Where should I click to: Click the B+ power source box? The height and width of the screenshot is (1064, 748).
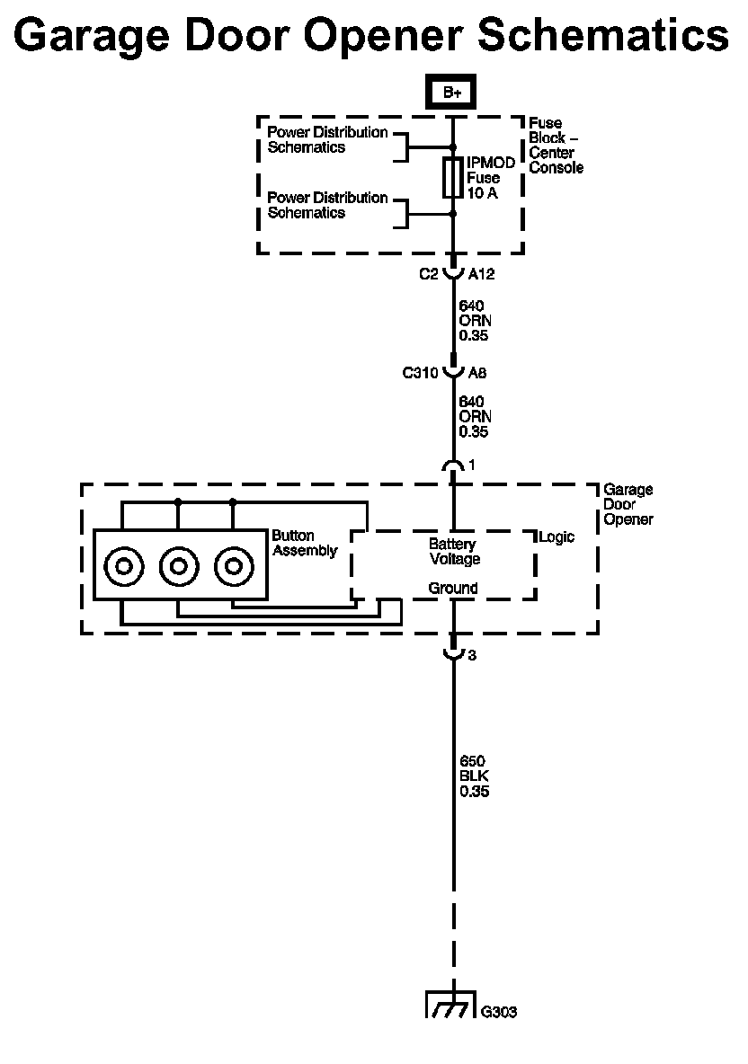point(450,93)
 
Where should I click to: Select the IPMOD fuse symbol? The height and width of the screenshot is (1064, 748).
point(453,179)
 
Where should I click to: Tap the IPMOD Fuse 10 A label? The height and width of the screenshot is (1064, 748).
point(491,178)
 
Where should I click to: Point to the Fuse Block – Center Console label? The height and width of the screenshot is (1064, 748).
point(556,146)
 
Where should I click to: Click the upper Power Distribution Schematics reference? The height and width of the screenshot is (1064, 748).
point(327,140)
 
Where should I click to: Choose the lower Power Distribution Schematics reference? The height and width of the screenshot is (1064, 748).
point(327,205)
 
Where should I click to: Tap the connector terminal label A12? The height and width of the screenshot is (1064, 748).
point(481,274)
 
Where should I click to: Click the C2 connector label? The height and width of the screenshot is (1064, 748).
point(428,274)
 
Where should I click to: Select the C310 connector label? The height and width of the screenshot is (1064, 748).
point(420,373)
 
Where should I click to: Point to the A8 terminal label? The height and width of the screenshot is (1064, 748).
point(477,373)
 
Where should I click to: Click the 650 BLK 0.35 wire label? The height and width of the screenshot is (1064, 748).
point(474,776)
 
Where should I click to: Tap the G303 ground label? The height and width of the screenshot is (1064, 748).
point(499,1012)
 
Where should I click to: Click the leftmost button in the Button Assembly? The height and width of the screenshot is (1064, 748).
point(123,565)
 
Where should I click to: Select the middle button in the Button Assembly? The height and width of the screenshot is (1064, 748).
point(179,565)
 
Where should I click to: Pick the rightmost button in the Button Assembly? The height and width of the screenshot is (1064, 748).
point(234,565)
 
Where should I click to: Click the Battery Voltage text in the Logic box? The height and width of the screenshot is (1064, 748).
point(454,552)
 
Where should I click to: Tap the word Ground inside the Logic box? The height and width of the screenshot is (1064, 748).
point(453,589)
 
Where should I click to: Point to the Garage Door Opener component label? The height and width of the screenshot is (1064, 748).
point(628,504)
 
